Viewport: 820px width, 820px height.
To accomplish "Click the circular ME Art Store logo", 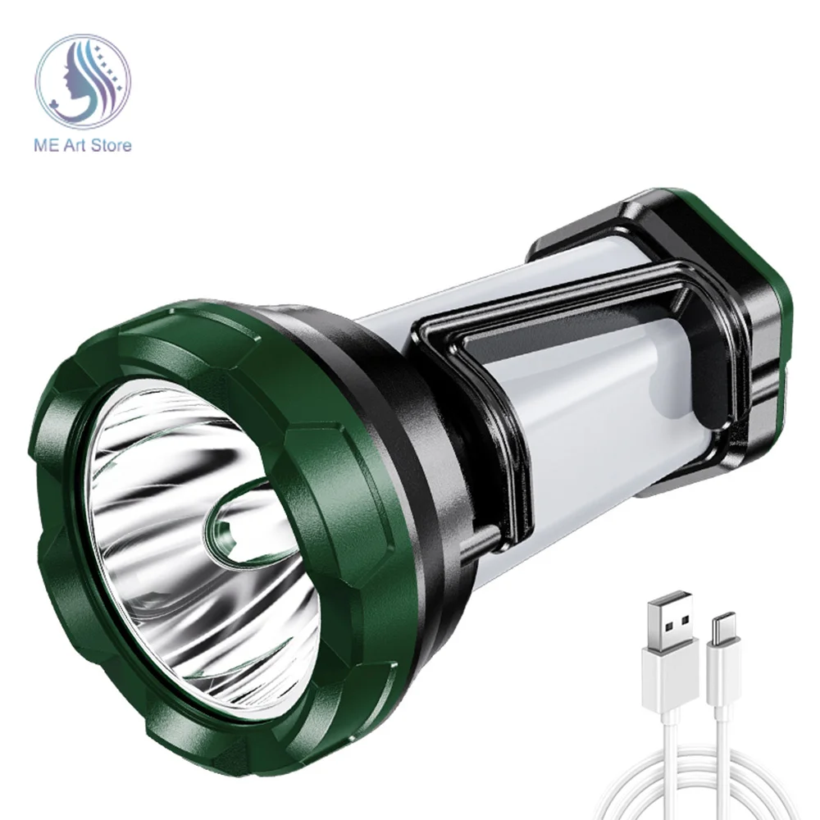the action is [83, 81].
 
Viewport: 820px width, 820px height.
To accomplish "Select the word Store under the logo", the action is [111, 145].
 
